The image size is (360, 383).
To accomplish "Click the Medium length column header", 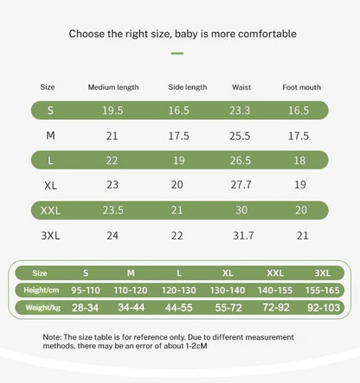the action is (x=113, y=87).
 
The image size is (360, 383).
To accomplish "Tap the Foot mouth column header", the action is (x=301, y=87).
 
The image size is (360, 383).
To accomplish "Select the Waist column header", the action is (x=241, y=87).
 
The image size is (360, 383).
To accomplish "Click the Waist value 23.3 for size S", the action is (x=240, y=111).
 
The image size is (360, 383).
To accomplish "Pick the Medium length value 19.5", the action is (x=112, y=111).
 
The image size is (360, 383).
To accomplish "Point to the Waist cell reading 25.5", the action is (x=240, y=136).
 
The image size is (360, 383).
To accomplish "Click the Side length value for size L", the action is (x=179, y=160).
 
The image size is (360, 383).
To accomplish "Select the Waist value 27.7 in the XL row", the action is (x=241, y=185).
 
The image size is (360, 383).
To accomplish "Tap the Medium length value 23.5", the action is (x=113, y=210).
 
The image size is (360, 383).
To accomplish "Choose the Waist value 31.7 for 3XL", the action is (x=243, y=235).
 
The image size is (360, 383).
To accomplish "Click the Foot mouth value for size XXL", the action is (x=301, y=210).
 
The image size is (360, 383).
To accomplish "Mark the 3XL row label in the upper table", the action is (x=50, y=235).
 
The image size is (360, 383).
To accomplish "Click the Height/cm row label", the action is (x=42, y=290).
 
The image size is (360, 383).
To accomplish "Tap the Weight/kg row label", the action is (x=43, y=308).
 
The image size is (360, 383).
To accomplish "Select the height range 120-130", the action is (x=179, y=290).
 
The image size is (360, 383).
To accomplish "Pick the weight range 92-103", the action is (x=324, y=308).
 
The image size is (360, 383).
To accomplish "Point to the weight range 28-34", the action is (x=86, y=308).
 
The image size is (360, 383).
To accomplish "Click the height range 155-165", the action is (x=323, y=290).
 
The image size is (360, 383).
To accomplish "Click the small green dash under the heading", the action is (x=177, y=54).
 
